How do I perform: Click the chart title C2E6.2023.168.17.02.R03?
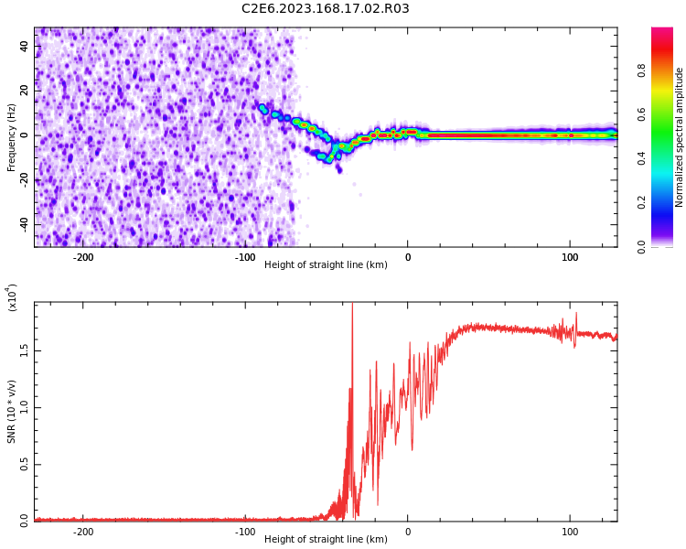(325, 9)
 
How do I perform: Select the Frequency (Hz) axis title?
(12, 136)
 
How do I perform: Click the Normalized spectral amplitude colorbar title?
(680, 137)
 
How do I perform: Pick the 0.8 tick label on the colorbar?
(642, 70)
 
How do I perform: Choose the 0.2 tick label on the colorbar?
(642, 202)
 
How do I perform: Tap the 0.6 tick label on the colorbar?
(642, 114)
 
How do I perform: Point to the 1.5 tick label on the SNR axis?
(25, 350)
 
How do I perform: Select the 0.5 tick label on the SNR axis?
(25, 464)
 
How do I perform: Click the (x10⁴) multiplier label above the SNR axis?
(13, 297)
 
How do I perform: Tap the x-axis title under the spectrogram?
(326, 265)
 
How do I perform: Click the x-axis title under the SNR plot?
(326, 539)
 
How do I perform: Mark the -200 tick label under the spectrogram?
(82, 257)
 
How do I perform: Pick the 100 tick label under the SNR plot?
(570, 531)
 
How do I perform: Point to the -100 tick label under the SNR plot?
(244, 531)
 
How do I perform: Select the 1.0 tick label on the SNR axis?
(25, 407)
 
